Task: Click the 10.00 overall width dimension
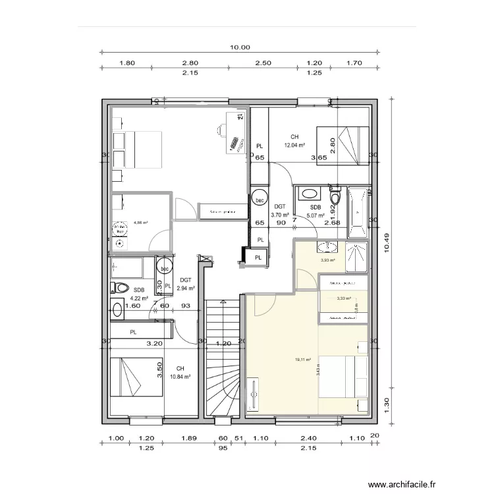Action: coord(240,47)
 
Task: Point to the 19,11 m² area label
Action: coord(303,360)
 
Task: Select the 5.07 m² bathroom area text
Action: coord(316,214)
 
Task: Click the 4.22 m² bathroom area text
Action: coord(139,297)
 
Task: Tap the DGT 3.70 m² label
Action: coord(280,210)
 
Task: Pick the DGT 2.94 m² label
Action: coord(185,284)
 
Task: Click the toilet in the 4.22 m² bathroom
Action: coord(119,288)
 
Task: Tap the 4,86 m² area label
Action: coord(141,223)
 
